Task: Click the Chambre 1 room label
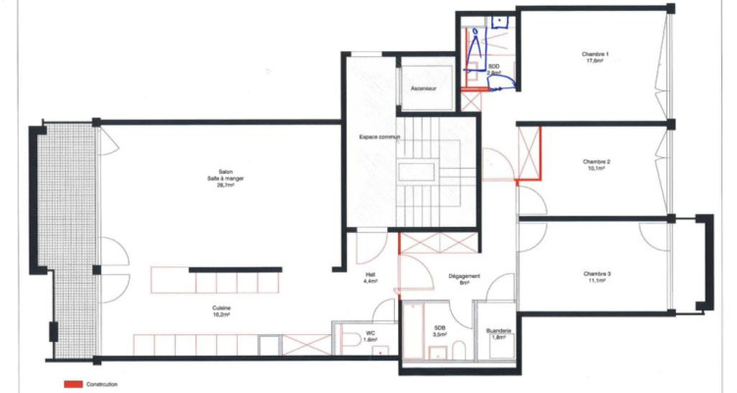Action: (x=595, y=57)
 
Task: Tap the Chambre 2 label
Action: (x=595, y=164)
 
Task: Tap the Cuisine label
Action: (x=222, y=311)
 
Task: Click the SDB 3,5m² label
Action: (x=440, y=332)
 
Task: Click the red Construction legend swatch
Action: (x=72, y=382)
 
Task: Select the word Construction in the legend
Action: (x=102, y=382)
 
